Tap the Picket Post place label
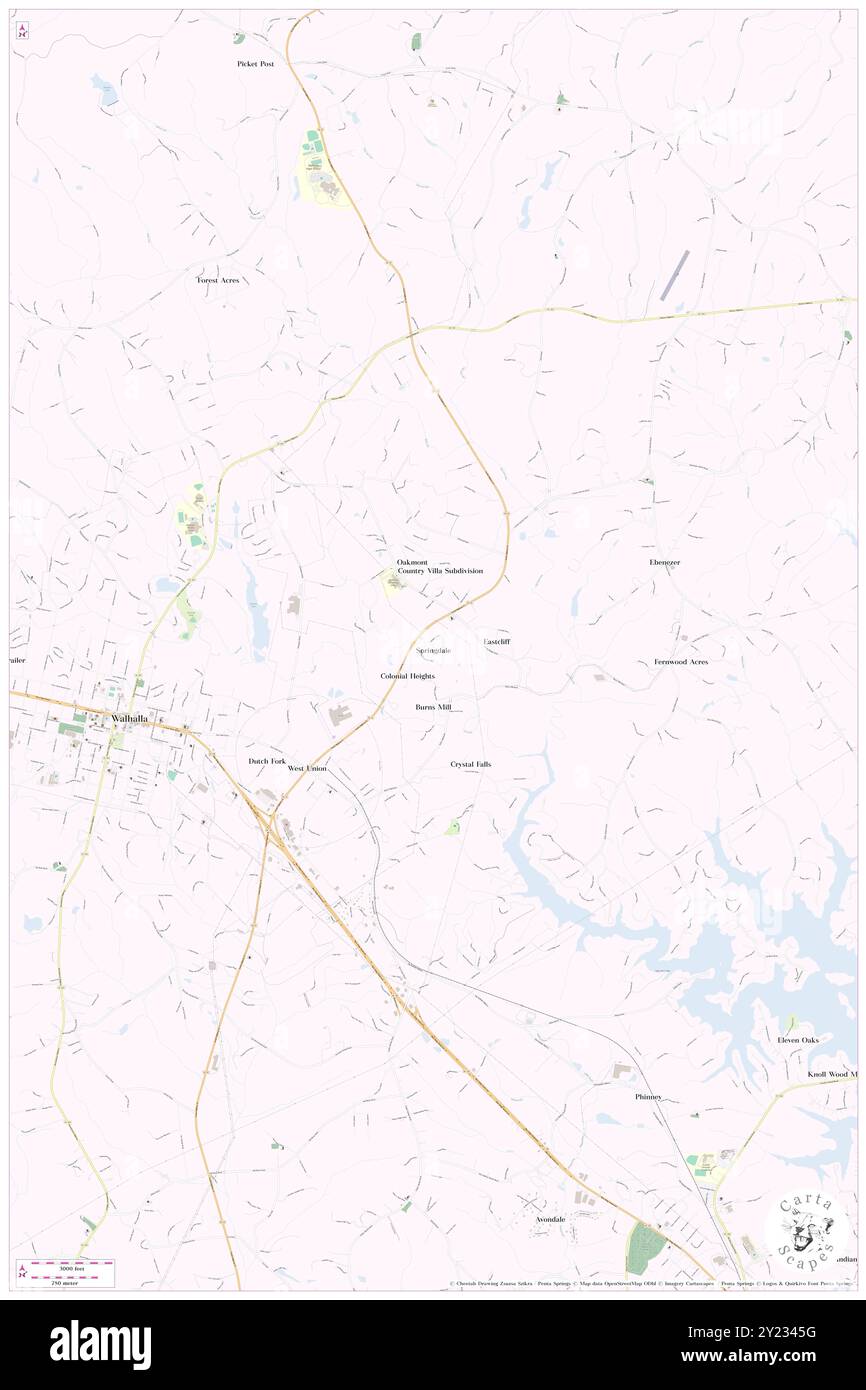pyautogui.click(x=255, y=63)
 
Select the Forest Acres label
pyautogui.click(x=217, y=280)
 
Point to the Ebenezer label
pyautogui.click(x=664, y=563)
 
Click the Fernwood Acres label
pyautogui.click(x=681, y=662)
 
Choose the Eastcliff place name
pyautogui.click(x=497, y=641)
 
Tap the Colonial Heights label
pyautogui.click(x=407, y=676)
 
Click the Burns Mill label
pyautogui.click(x=433, y=707)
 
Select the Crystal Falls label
pyautogui.click(x=470, y=764)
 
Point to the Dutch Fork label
pyautogui.click(x=267, y=761)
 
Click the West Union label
pyautogui.click(x=307, y=768)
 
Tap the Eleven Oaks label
pyautogui.click(x=798, y=1040)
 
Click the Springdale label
pyautogui.click(x=433, y=650)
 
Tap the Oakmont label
pyautogui.click(x=412, y=562)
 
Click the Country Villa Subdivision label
pyautogui.click(x=440, y=571)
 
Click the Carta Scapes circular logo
pyautogui.click(x=805, y=1229)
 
